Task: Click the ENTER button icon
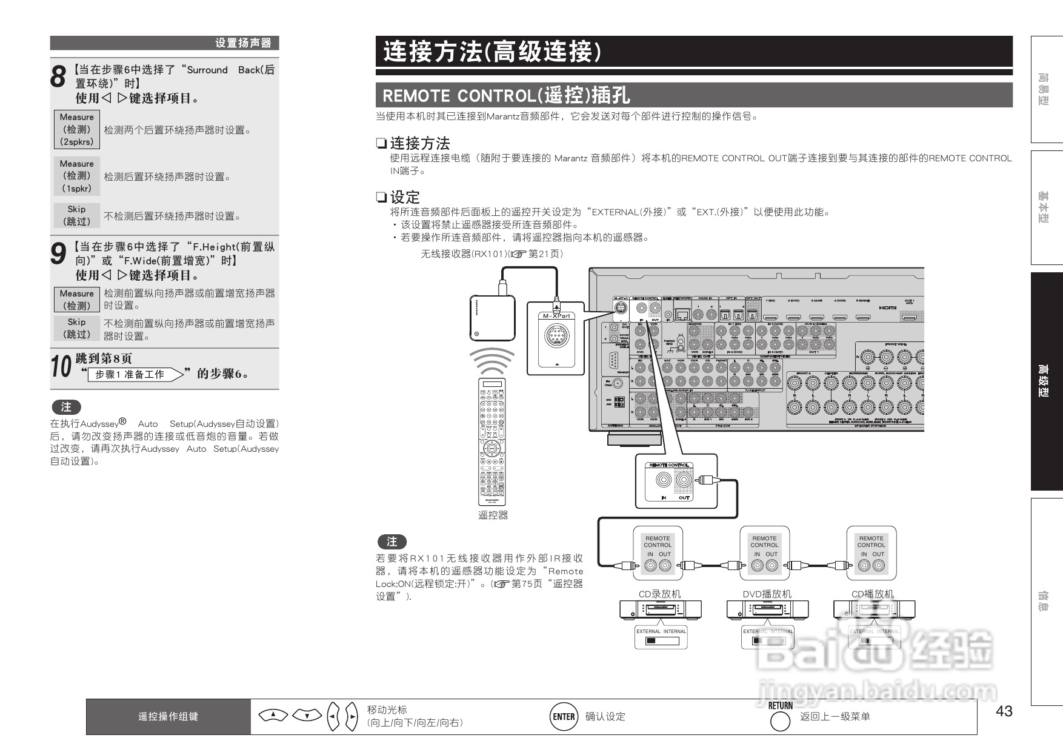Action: click(564, 717)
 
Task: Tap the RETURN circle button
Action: click(779, 721)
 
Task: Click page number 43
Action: click(1004, 711)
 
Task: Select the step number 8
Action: click(58, 78)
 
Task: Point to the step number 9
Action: click(58, 254)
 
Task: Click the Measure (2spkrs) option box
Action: click(77, 129)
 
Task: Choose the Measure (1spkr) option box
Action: click(77, 176)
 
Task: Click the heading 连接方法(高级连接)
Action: click(492, 52)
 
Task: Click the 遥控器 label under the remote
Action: click(493, 515)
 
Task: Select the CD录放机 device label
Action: click(659, 594)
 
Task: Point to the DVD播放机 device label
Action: click(767, 594)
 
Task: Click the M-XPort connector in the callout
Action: click(556, 335)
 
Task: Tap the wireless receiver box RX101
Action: click(492, 318)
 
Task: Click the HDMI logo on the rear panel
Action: click(887, 307)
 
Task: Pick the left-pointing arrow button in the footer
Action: click(333, 717)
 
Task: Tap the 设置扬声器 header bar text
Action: click(243, 43)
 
